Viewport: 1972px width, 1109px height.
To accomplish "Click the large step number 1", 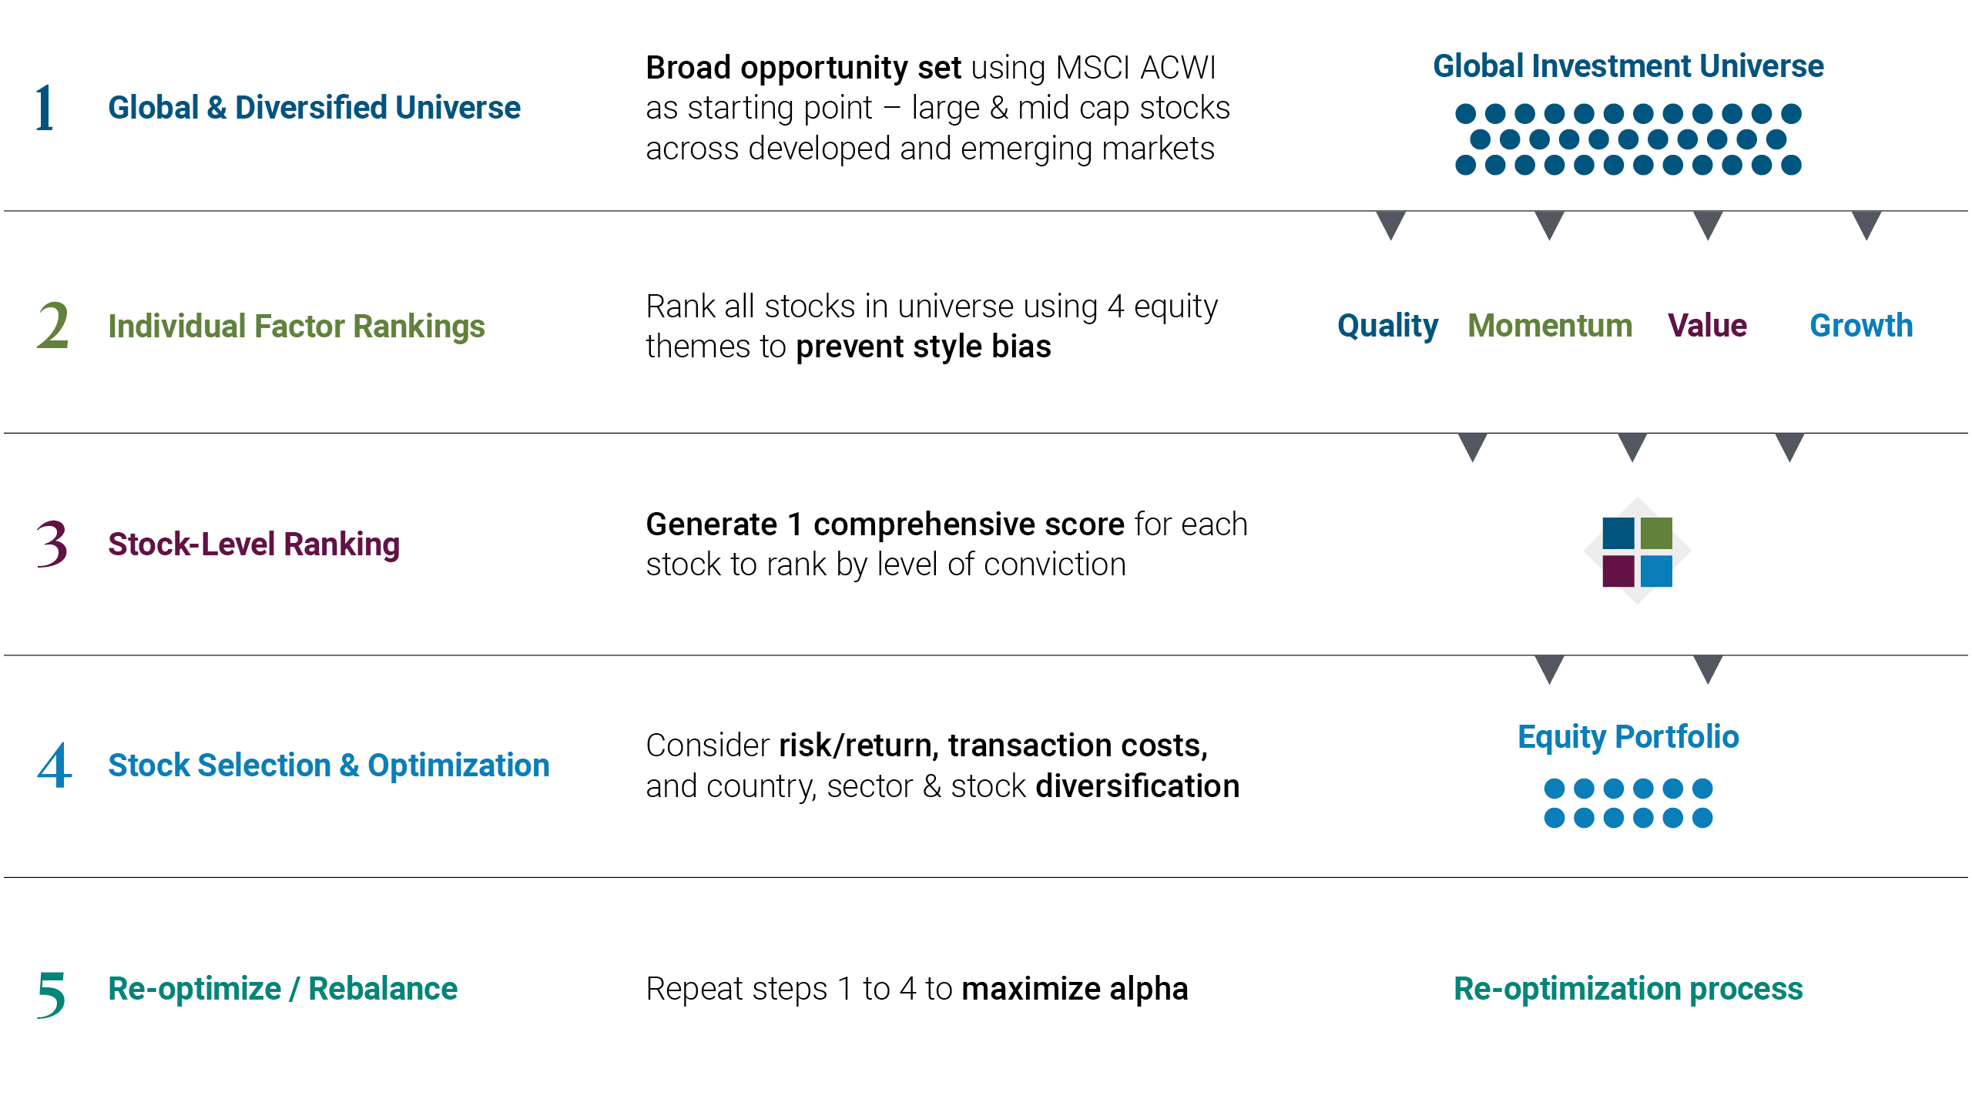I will point(45,108).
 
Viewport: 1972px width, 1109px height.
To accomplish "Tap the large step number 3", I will point(52,544).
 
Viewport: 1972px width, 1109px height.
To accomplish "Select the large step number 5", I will point(51,993).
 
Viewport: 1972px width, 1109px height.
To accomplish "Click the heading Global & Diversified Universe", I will point(314,108).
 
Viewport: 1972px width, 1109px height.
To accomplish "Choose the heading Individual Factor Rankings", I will point(297,327).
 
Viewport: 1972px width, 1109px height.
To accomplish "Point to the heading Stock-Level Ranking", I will point(253,544).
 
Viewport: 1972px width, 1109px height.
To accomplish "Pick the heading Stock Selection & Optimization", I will point(329,766).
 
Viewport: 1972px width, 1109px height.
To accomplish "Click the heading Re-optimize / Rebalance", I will point(283,989).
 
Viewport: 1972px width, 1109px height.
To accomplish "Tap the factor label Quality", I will point(1387,327).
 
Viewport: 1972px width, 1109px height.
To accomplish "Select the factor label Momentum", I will point(1550,326).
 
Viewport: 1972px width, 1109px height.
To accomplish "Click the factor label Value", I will point(1707,326).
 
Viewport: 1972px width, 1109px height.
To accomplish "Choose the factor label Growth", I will point(1861,326).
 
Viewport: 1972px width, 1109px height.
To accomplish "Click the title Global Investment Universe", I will point(1628,66).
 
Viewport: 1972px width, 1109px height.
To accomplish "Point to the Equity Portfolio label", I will point(1628,737).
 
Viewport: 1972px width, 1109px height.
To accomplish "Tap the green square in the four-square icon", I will point(1656,533).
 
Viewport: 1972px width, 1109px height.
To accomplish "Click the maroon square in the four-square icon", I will point(1618,571).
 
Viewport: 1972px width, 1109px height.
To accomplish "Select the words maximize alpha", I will point(1075,989).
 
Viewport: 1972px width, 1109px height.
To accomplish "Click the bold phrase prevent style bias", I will point(923,347).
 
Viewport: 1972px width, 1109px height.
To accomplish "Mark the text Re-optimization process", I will point(1628,989).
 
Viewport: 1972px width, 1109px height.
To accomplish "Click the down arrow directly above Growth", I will point(1866,224).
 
